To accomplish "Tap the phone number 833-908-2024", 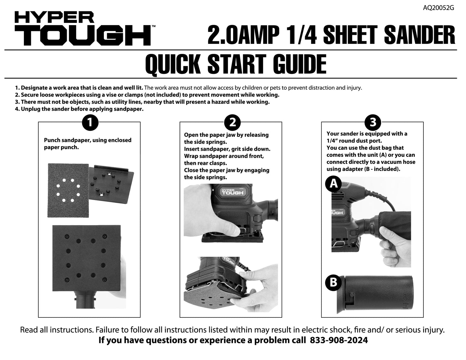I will point(339,340).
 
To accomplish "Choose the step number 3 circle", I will point(372,123).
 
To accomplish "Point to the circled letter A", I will point(333,184).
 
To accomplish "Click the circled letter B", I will point(333,282).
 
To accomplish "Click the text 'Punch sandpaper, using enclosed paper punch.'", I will point(87,144).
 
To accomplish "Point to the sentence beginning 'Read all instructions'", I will point(232,330).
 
